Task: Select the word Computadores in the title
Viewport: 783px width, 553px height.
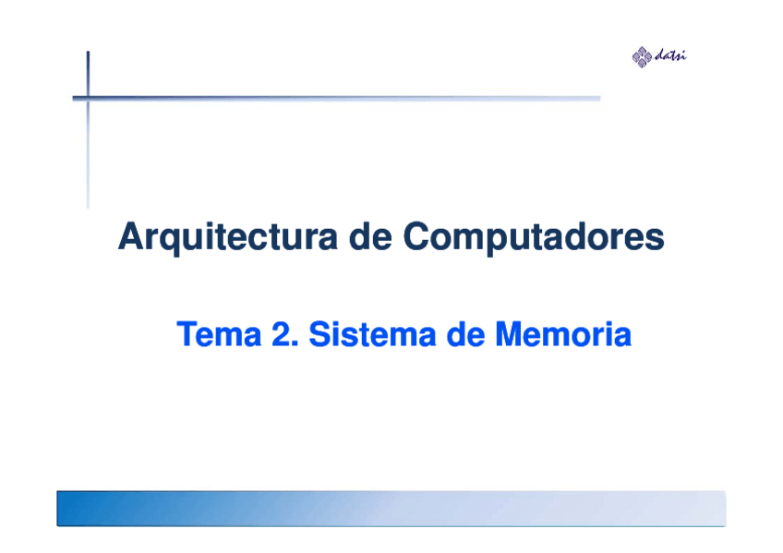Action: point(533,238)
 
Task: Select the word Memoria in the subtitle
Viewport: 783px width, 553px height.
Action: point(562,335)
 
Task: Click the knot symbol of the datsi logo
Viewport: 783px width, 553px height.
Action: point(642,57)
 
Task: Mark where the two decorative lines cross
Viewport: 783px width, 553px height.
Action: point(89,97)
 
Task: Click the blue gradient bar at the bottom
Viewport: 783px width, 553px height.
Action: point(391,509)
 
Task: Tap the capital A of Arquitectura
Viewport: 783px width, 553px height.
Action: point(129,238)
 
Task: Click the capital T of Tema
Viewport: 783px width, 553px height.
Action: point(185,335)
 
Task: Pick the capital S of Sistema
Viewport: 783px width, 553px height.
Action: point(319,335)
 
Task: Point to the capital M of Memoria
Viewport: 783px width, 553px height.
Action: point(507,335)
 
